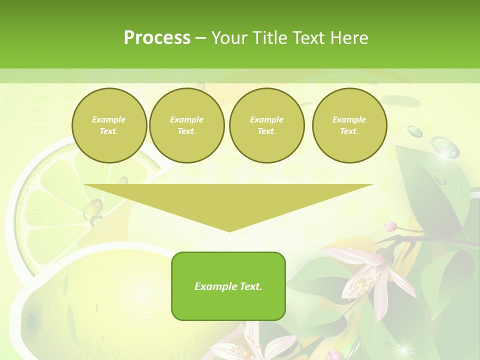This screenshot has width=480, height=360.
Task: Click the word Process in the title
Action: [x=157, y=38]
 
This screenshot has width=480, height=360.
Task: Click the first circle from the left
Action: [x=109, y=125]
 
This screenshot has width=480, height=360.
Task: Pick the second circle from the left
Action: [x=187, y=125]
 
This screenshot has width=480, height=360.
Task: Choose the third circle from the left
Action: [x=267, y=125]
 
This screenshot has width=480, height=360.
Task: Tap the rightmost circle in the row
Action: [x=349, y=125]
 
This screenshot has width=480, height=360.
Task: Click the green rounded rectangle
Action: [x=228, y=286]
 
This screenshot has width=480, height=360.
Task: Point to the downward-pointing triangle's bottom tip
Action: [x=229, y=230]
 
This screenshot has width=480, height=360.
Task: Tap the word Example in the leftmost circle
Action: [x=109, y=119]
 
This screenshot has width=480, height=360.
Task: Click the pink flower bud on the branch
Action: [x=390, y=226]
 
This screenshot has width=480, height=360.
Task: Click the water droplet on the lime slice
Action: [x=93, y=208]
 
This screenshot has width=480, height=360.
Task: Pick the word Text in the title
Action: [x=309, y=38]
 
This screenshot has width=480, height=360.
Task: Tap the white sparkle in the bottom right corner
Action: [x=402, y=346]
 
